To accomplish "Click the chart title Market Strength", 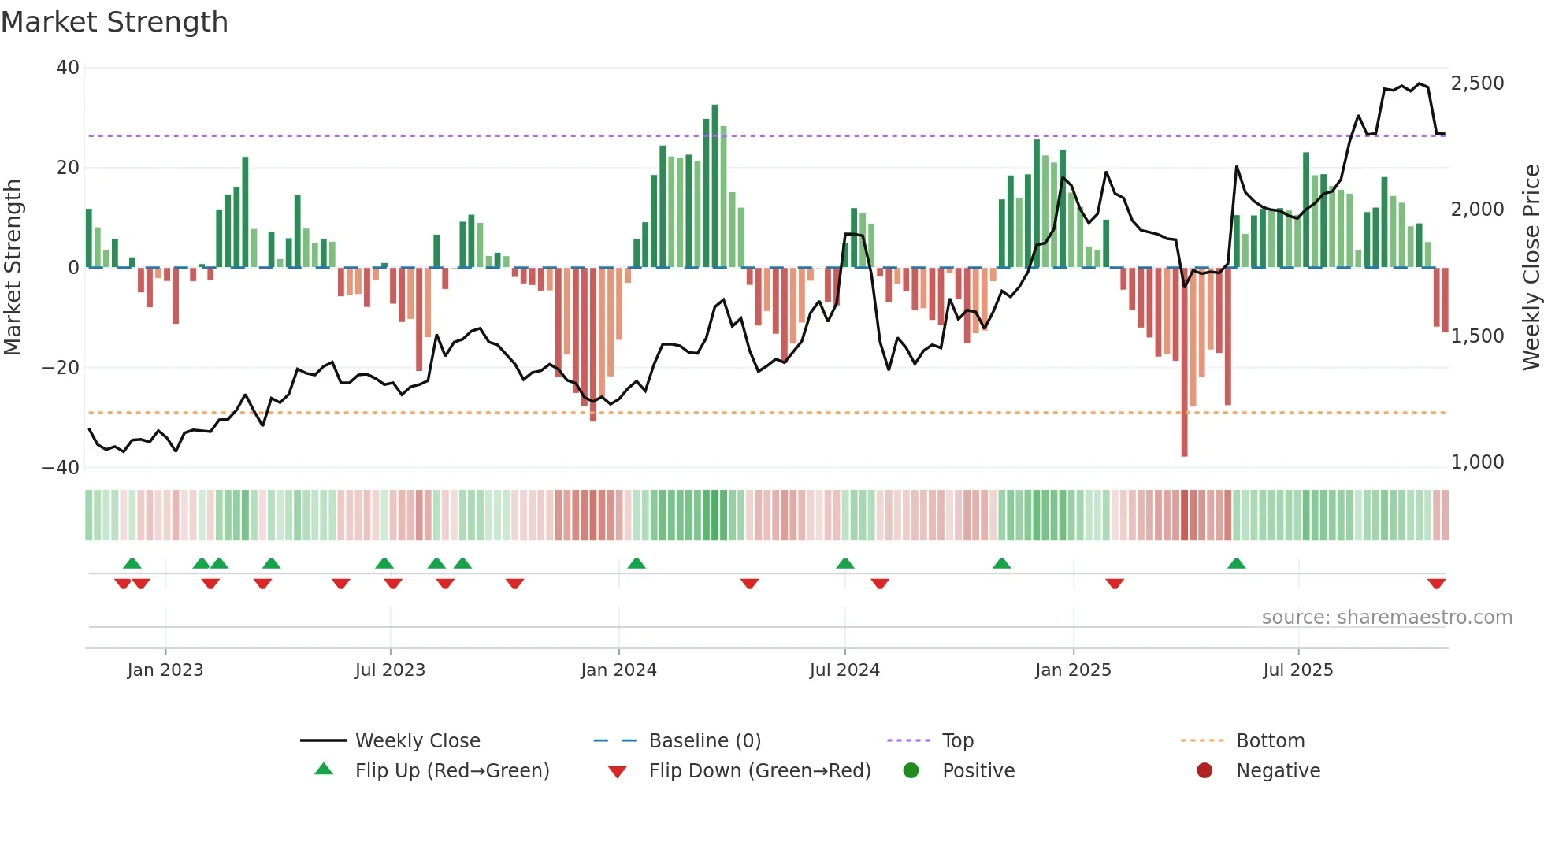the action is coord(114,22).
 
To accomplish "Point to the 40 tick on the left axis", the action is coord(67,68).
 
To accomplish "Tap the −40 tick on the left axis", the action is coord(61,467).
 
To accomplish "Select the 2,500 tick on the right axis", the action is coord(1477,83).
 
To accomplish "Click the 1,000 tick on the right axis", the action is coord(1477,462).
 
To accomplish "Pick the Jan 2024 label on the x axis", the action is coord(618,670).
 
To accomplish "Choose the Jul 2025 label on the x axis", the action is coord(1297,670).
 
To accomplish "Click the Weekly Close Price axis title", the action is coord(1531,268).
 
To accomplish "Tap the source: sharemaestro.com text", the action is coord(1386,618).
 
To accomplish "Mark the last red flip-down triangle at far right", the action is coord(1436,584).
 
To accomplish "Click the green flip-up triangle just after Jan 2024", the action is coord(637,563).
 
